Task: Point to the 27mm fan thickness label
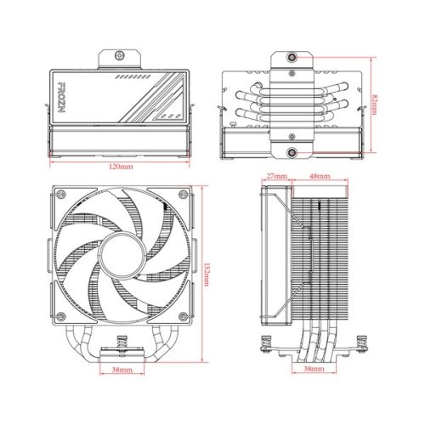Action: point(275,178)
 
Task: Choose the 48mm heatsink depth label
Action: point(320,178)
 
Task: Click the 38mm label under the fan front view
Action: point(121,371)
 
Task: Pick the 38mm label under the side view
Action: point(312,371)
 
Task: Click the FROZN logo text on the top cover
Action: point(63,89)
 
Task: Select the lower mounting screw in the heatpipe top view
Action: point(292,152)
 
